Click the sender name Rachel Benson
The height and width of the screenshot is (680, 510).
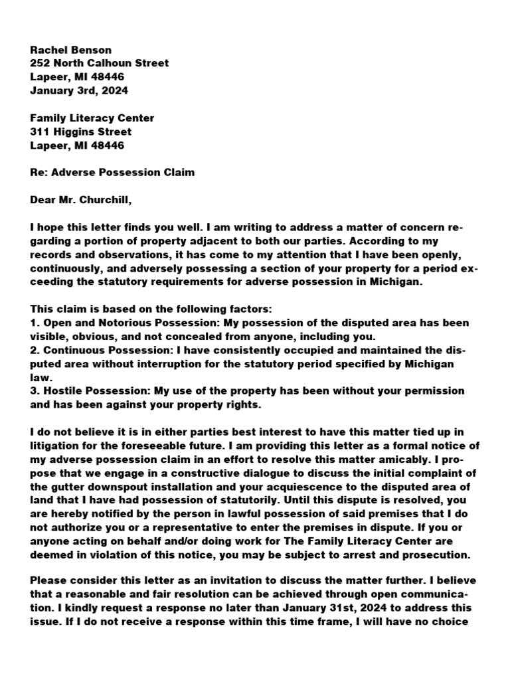[x=71, y=50]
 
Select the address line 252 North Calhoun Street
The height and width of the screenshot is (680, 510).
[x=100, y=63]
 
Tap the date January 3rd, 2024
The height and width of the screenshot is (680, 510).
[x=80, y=90]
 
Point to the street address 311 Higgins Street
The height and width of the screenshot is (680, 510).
[x=81, y=131]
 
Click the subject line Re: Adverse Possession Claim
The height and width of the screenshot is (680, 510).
[x=112, y=173]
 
